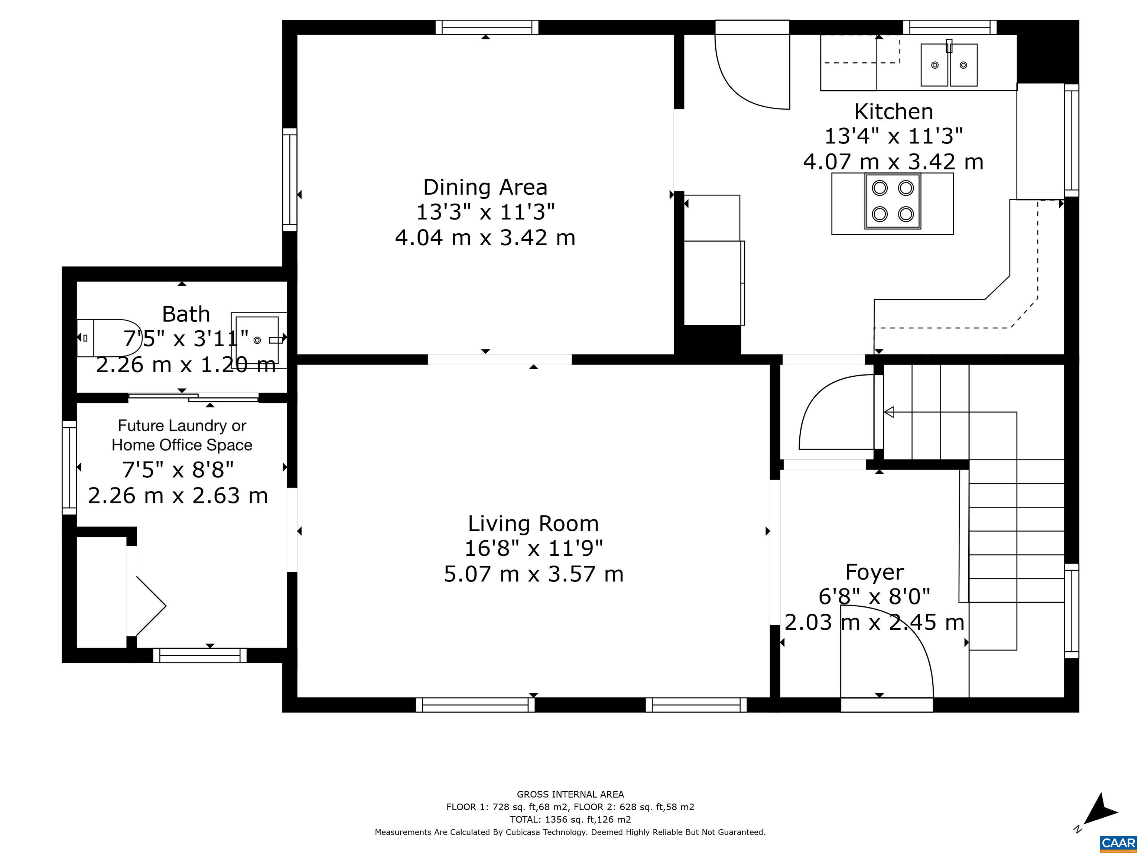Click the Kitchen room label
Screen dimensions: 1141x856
[893, 111]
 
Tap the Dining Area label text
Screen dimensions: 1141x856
[485, 187]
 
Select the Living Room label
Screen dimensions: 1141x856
[533, 524]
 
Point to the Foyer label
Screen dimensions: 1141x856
[874, 572]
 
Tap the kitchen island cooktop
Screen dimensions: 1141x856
[893, 201]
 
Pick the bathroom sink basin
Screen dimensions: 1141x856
[257, 340]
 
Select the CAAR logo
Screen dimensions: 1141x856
[1118, 844]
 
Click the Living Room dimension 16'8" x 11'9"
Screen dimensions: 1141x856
[533, 548]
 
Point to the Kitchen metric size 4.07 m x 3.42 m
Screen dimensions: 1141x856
[893, 162]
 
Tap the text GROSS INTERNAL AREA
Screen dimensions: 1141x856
[570, 795]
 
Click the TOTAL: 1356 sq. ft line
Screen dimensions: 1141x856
[570, 819]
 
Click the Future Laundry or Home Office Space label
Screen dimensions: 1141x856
[182, 435]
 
